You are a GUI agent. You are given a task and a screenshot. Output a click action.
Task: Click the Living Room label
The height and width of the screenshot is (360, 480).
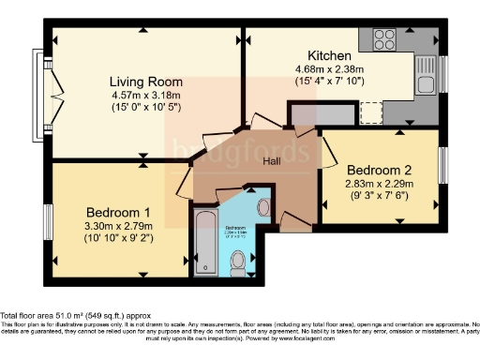click(143, 81)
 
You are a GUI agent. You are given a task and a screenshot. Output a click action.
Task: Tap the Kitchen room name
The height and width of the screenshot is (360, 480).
click(329, 55)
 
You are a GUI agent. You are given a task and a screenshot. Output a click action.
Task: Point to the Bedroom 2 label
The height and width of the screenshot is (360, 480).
click(380, 170)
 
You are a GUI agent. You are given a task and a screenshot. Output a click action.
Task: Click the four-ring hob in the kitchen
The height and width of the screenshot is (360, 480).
click(384, 40)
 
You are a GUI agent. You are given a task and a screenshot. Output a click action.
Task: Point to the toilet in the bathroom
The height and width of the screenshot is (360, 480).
click(239, 258)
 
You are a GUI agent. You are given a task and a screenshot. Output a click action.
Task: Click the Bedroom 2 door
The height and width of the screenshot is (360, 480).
click(329, 150)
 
